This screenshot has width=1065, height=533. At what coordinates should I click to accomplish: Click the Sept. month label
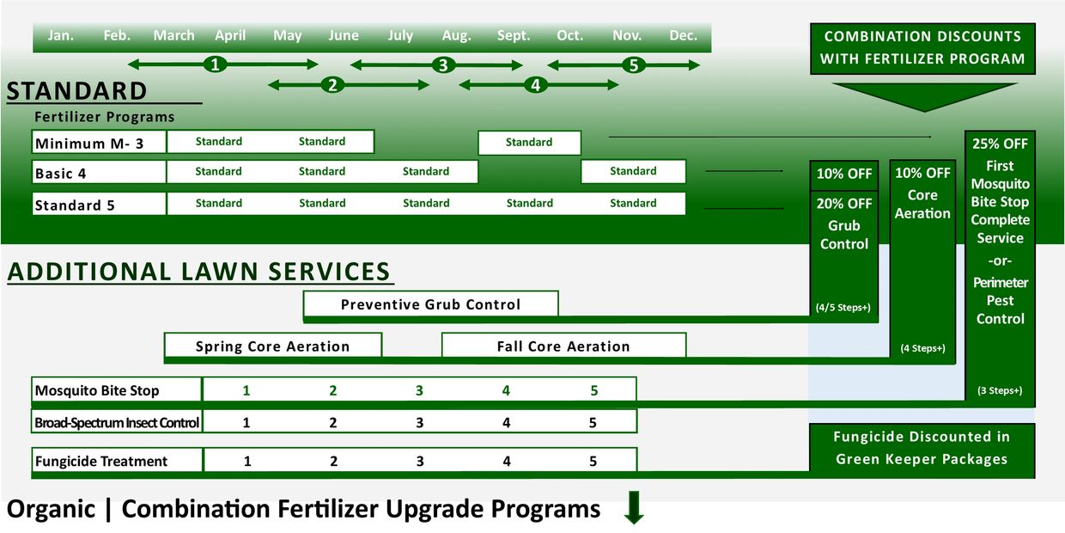tap(514, 36)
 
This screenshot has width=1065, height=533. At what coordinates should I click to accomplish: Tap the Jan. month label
tap(60, 36)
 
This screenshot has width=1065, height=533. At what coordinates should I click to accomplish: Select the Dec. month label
tap(683, 36)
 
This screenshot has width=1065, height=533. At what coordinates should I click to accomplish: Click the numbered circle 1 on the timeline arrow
tap(216, 64)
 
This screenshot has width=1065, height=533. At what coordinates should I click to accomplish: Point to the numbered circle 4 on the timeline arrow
tap(535, 85)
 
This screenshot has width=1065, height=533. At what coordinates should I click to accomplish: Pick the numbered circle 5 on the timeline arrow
tap(633, 65)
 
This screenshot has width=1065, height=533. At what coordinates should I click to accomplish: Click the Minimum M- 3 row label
tap(89, 144)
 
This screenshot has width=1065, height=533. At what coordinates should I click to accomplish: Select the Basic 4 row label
tap(61, 174)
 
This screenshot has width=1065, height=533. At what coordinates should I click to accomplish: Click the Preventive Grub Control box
tap(430, 304)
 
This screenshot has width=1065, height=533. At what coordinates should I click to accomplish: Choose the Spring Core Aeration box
tap(272, 346)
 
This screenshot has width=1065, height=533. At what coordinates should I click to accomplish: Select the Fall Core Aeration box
tap(563, 346)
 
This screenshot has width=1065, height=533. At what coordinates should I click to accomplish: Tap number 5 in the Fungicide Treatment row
tap(593, 462)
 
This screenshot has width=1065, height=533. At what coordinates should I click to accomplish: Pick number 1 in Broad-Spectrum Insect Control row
tap(246, 423)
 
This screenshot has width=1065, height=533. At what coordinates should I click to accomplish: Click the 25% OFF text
tap(1000, 144)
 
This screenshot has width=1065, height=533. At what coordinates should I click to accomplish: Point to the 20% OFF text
tap(844, 204)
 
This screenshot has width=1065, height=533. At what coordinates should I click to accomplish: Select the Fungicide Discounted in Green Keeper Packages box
tap(922, 448)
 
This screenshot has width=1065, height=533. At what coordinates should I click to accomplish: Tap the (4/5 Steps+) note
tap(843, 307)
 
